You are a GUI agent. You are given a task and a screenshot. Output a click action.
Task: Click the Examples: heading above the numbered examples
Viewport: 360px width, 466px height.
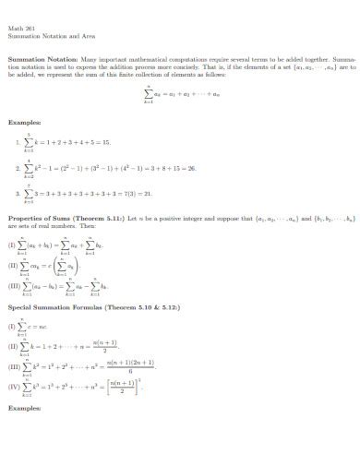[24, 121]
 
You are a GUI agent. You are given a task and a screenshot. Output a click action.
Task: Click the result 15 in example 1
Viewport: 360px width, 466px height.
[106, 143]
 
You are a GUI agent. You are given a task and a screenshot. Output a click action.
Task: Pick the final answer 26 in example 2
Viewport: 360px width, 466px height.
[191, 170]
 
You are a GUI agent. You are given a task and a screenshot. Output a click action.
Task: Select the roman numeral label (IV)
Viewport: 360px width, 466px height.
[14, 386]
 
